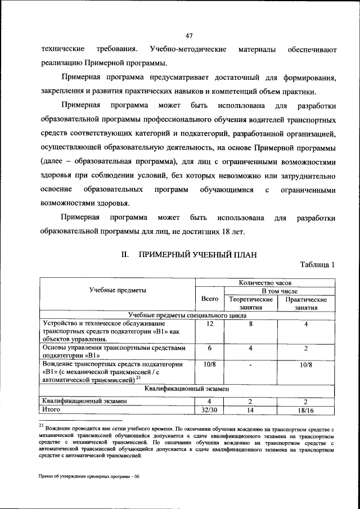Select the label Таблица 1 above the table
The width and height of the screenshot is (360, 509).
pyautogui.click(x=318, y=265)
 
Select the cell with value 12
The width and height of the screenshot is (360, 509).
pyautogui.click(x=209, y=325)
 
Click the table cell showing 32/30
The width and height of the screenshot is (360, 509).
pyautogui.click(x=209, y=410)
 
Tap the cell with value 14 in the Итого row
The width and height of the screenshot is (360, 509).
pyautogui.click(x=250, y=410)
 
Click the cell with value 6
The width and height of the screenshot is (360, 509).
pyautogui.click(x=209, y=348)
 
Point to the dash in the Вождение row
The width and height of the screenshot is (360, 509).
pyautogui.click(x=250, y=365)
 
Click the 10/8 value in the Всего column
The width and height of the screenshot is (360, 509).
pyautogui.click(x=209, y=365)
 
